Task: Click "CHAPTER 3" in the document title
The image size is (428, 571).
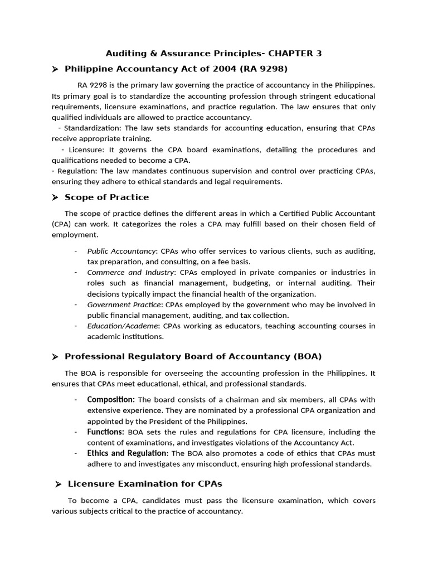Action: click(295, 54)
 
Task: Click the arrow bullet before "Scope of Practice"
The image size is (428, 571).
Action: click(55, 197)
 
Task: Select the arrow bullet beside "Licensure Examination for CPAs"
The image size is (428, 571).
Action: click(57, 484)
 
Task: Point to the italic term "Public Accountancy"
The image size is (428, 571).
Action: click(121, 251)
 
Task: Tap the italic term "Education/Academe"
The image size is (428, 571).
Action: click(122, 326)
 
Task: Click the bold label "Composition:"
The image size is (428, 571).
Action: click(111, 400)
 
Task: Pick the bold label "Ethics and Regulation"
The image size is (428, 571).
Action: click(127, 453)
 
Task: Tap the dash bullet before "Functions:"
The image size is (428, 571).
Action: click(76, 432)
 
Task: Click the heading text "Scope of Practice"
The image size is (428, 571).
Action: click(107, 197)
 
